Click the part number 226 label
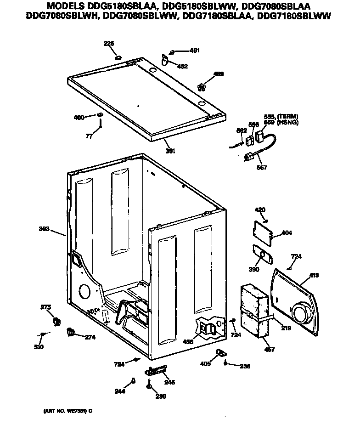coord(109,44)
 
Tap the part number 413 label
coord(314,275)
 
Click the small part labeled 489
coord(201,86)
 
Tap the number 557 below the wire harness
coord(262,168)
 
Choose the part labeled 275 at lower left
coord(57,322)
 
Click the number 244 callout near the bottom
coord(120,391)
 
